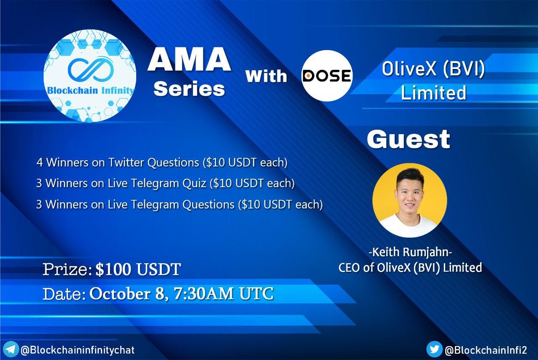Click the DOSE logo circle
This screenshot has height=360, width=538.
point(327,76)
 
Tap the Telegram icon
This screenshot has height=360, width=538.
point(11,349)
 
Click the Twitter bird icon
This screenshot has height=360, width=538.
point(434,349)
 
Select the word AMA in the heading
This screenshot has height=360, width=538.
point(189,59)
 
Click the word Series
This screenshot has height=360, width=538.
point(189,89)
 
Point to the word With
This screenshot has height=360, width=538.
point(266,76)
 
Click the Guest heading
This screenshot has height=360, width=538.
point(408,139)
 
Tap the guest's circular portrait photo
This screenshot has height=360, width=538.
point(410,201)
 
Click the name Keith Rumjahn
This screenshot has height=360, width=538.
point(410,252)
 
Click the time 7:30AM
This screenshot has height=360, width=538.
point(203,293)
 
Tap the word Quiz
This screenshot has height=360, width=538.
point(194,183)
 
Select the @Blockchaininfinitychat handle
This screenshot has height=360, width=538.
point(77,350)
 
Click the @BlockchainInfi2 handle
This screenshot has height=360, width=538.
point(486,350)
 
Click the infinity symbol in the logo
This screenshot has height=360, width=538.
point(91,70)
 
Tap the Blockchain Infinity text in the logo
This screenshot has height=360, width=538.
point(90,90)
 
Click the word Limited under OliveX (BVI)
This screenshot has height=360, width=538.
point(433,93)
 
